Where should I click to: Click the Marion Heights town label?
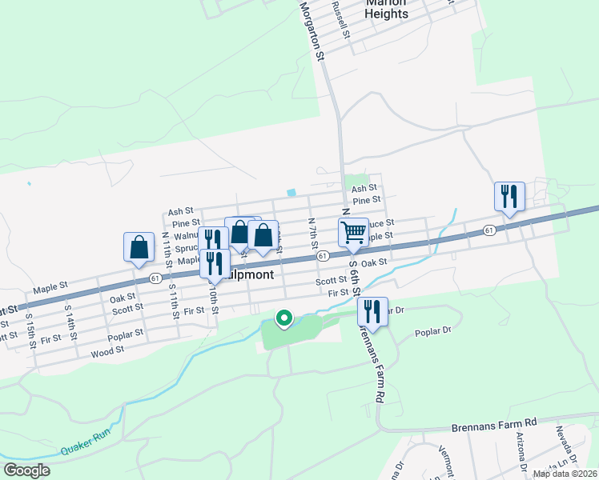386,7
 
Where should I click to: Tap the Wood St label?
107,350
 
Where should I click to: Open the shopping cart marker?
353,233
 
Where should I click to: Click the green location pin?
283,318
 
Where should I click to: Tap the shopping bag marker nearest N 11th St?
139,247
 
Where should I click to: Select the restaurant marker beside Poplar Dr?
372,310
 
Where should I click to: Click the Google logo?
26,470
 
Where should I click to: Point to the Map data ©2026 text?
564,474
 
